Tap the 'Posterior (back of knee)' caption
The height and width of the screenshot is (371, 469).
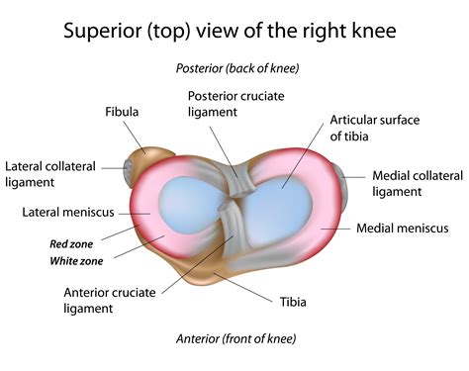pyautogui.click(x=236, y=68)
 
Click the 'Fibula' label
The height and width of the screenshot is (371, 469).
pyautogui.click(x=123, y=112)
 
